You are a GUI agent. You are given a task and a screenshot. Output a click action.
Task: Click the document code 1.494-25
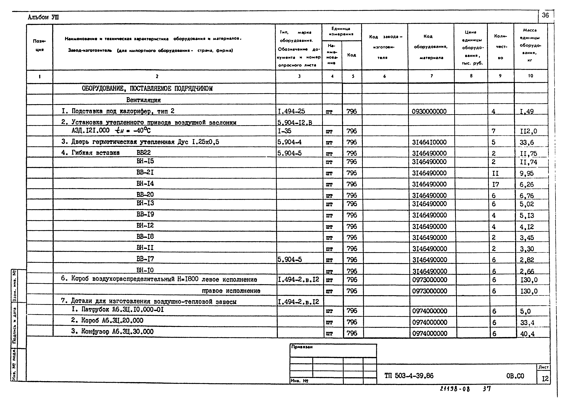tap(291, 111)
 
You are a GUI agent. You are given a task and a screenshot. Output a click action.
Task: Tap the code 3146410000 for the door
tap(429, 142)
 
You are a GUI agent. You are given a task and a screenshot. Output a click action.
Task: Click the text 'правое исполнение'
tap(231, 291)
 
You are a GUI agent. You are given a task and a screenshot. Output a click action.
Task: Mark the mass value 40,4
tap(527, 334)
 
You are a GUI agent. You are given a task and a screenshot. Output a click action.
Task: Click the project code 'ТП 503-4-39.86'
tap(409, 376)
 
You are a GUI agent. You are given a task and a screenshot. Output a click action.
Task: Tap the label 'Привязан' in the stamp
tap(302, 347)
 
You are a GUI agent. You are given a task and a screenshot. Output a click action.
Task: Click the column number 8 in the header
tap(471, 76)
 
